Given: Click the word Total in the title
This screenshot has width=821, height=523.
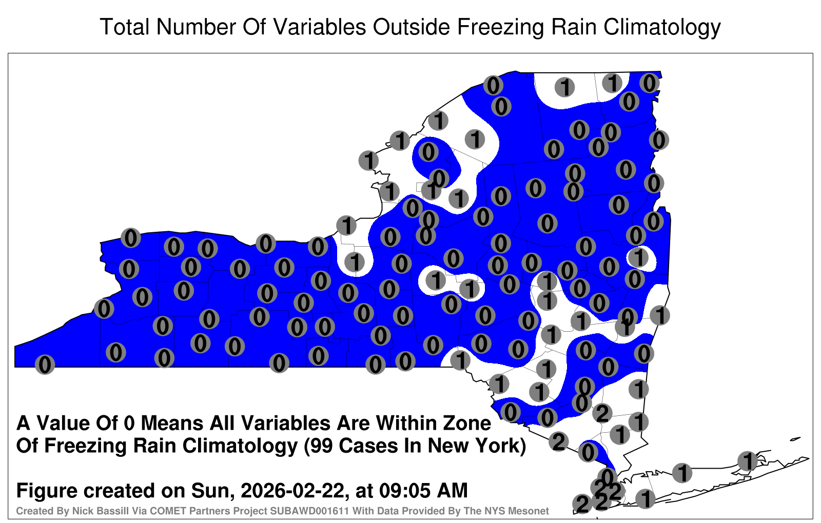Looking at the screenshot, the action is (x=124, y=27).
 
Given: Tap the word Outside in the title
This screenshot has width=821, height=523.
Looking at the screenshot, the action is (x=412, y=27).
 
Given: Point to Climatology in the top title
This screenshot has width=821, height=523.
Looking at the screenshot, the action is (x=662, y=28).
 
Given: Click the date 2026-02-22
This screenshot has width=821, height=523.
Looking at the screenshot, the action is (x=292, y=491).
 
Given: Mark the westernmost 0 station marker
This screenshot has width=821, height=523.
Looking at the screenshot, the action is (x=45, y=365).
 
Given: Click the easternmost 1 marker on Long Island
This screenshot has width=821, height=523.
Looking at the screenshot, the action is (x=748, y=461).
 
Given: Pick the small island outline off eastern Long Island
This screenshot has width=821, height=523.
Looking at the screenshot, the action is (x=795, y=439).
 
